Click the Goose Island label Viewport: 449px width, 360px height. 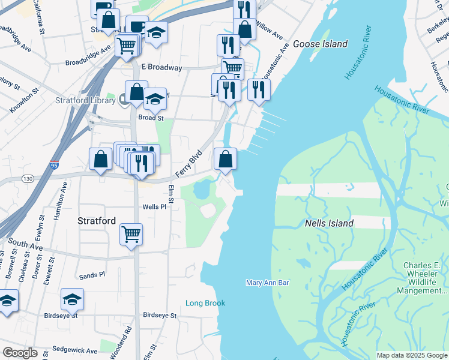(x=320, y=44)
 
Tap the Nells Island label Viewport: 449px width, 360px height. (x=329, y=223)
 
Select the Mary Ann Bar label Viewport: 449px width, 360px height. (x=268, y=283)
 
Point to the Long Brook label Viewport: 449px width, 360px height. (x=205, y=303)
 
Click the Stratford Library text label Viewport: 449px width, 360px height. (x=85, y=100)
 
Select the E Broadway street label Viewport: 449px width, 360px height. (x=161, y=68)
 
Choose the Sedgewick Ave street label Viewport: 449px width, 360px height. (x=74, y=350)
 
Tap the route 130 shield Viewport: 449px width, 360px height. (x=27, y=178)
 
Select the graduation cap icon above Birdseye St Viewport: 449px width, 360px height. (x=72, y=300)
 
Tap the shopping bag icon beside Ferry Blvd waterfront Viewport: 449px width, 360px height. (x=225, y=159)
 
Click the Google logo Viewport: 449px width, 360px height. (x=19, y=353)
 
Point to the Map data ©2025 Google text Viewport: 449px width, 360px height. (x=411, y=355)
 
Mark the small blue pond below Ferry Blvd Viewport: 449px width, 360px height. (x=201, y=190)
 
